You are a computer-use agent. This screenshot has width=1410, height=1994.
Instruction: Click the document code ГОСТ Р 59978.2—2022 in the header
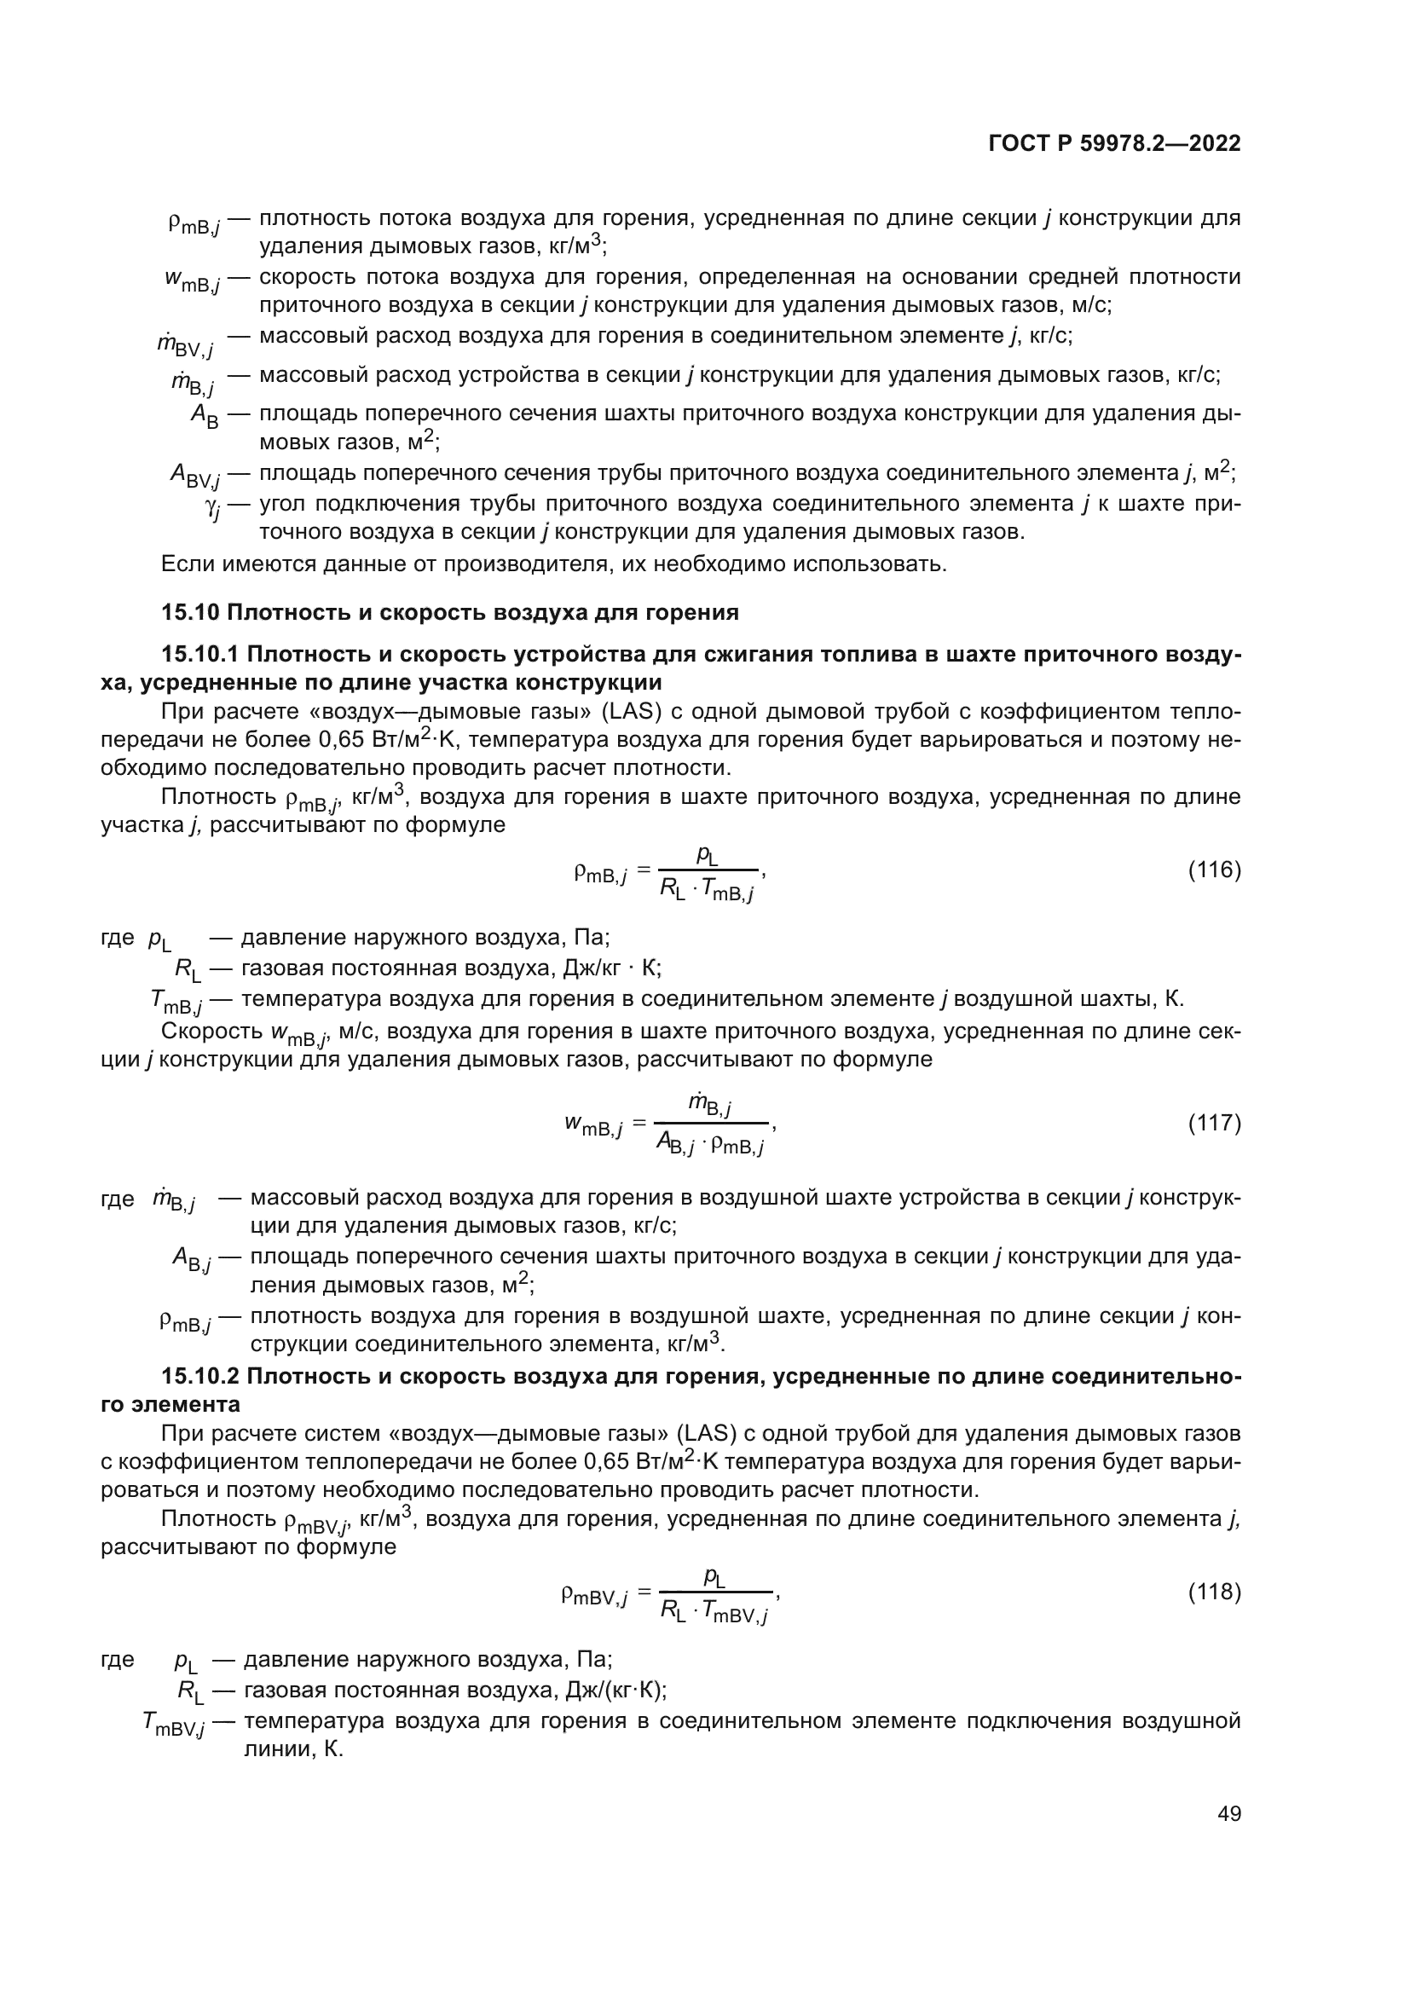click(1114, 143)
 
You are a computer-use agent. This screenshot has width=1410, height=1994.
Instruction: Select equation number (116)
click(1214, 870)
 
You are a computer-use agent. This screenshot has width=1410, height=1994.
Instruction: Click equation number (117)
click(1214, 1123)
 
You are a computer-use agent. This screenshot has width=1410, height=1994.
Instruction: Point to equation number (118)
click(1214, 1592)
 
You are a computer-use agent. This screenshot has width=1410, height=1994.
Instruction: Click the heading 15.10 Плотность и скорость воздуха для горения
click(450, 612)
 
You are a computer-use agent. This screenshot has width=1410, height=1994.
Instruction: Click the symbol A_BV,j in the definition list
click(194, 475)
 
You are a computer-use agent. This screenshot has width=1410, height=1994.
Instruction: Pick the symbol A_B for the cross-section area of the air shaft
click(205, 416)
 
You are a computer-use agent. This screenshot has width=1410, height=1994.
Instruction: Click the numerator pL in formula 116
click(708, 855)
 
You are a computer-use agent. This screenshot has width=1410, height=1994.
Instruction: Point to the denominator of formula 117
click(709, 1145)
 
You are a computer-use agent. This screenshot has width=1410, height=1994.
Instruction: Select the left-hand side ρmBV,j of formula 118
click(595, 1595)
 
